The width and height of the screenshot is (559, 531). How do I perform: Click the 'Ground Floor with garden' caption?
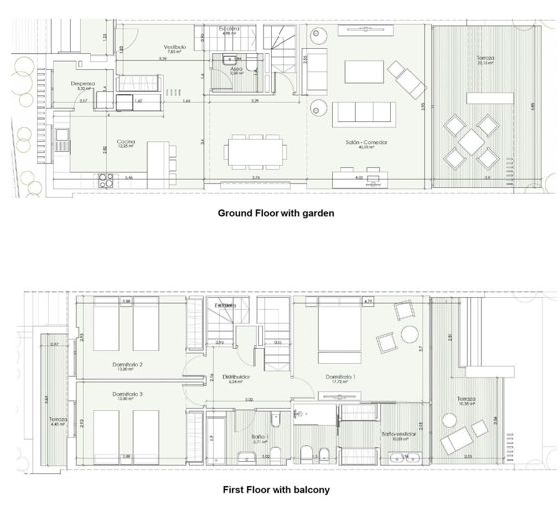[277, 213]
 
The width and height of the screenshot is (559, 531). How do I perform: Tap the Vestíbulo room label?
[176, 48]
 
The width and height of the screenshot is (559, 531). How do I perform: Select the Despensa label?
[83, 84]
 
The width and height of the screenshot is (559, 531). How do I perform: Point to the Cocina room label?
[125, 141]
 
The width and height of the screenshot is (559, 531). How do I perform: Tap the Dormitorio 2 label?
[127, 364]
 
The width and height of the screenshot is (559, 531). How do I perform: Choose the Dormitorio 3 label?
[127, 395]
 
